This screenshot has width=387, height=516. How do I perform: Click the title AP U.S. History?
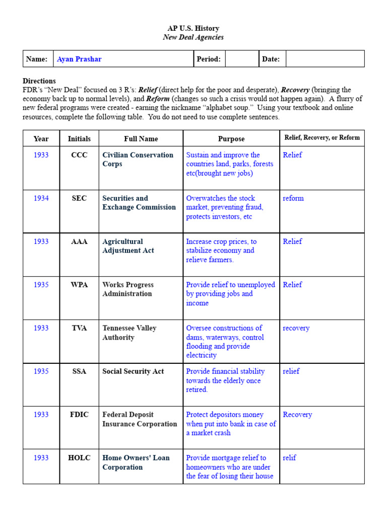(193, 28)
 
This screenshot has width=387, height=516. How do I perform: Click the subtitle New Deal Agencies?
(193, 37)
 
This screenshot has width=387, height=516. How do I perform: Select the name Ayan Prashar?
(79, 59)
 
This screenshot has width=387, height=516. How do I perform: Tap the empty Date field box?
(325, 59)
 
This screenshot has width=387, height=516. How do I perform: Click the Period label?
(209, 59)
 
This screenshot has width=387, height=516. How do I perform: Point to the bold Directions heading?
(39, 81)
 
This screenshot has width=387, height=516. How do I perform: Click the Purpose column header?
(231, 139)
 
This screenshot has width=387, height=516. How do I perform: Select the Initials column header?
(79, 139)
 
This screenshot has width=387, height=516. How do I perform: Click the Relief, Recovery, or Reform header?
(321, 138)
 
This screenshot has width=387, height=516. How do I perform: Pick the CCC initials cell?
(79, 155)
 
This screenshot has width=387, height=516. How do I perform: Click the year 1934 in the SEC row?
(41, 198)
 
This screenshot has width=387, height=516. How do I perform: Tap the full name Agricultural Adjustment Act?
(128, 246)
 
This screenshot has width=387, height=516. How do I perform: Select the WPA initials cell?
(79, 285)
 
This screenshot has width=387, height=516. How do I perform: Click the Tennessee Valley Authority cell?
(130, 333)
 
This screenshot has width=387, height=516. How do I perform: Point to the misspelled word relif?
(289, 458)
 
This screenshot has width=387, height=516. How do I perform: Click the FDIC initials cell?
(79, 414)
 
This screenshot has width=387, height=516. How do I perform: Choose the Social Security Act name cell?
(133, 371)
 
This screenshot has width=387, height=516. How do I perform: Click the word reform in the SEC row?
(293, 198)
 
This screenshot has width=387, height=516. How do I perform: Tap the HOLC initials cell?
(79, 458)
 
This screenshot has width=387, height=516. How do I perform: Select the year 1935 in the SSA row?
(41, 371)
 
